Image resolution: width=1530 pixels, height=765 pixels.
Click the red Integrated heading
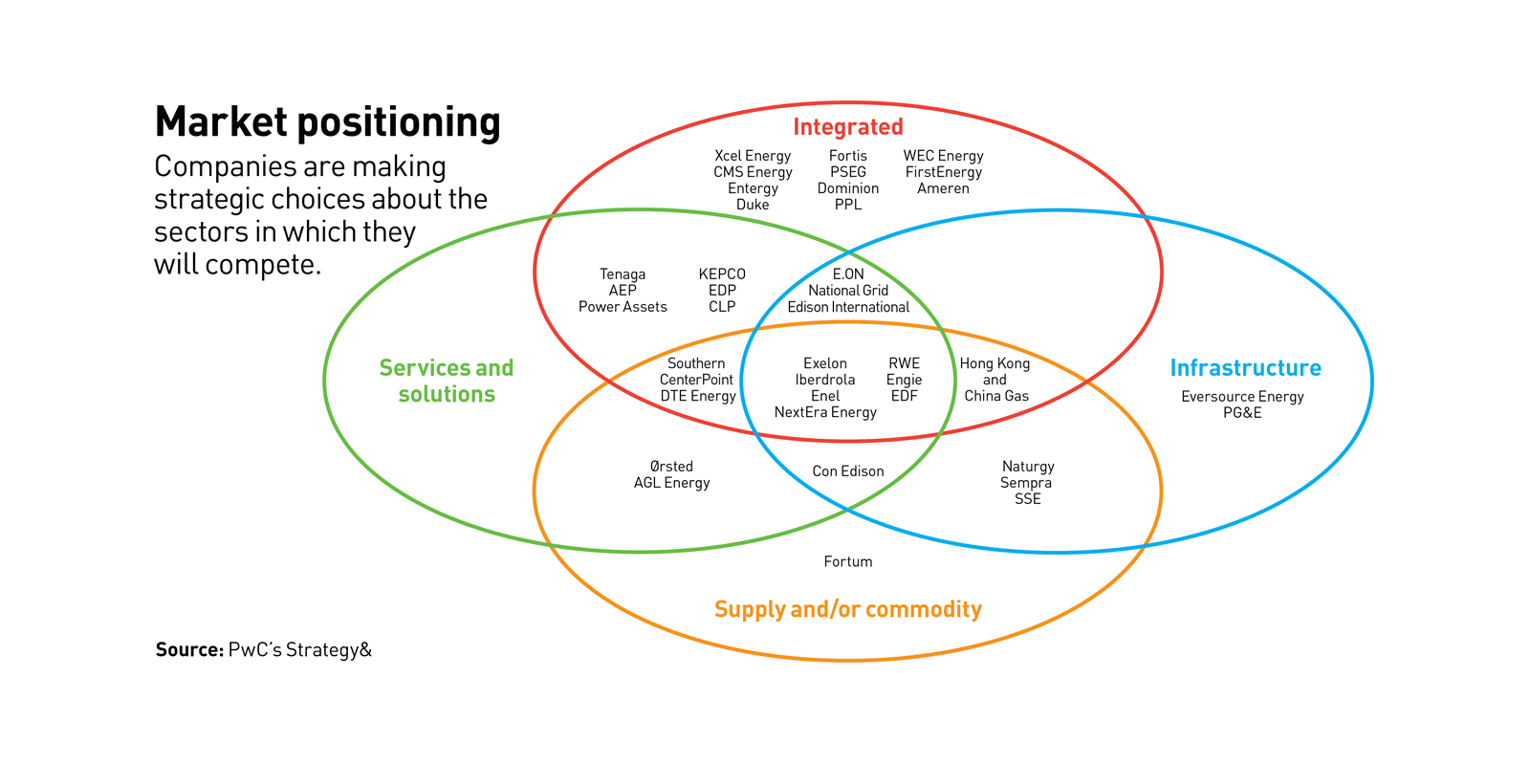click(847, 127)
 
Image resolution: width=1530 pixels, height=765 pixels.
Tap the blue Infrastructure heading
click(1245, 368)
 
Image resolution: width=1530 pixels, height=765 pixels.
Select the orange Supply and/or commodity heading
click(847, 609)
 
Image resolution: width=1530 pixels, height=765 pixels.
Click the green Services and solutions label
click(447, 381)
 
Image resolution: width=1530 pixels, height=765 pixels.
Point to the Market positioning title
click(327, 122)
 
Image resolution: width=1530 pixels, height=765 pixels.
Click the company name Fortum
click(847, 561)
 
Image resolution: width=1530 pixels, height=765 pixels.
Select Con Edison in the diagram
click(847, 471)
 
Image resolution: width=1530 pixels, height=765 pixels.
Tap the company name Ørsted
click(671, 467)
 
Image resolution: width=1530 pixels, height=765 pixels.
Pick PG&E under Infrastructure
click(1242, 413)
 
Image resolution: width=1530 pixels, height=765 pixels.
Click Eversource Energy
click(1242, 397)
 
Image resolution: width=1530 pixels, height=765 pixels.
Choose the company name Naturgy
click(1028, 467)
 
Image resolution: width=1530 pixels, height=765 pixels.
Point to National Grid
click(847, 291)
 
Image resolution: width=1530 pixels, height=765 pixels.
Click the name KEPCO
click(722, 274)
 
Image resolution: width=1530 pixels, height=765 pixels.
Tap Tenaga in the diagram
click(623, 274)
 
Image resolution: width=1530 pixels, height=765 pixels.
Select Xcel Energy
click(753, 156)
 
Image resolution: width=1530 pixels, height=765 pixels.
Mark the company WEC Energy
click(943, 156)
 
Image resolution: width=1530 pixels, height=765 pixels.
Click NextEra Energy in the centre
click(825, 412)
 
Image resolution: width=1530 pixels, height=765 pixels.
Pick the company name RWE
click(904, 363)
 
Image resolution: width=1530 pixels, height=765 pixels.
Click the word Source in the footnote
click(188, 650)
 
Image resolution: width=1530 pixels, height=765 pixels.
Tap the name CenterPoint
click(696, 380)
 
